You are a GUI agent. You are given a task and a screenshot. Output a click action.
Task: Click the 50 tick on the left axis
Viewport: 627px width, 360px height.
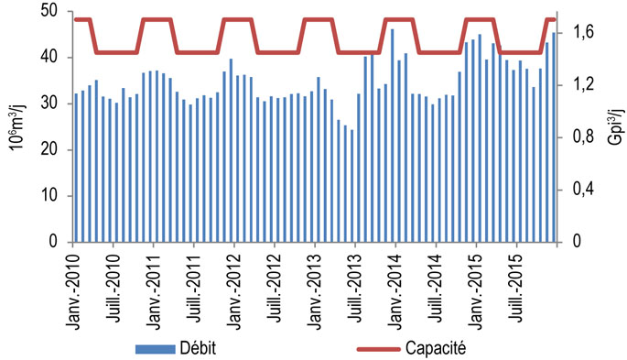coord(52,11)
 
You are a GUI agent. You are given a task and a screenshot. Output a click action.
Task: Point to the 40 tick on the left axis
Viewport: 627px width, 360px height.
coord(52,58)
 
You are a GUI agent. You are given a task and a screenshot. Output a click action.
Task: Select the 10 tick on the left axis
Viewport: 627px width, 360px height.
coord(52,196)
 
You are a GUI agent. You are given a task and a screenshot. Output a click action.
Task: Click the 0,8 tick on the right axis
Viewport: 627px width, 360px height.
coord(583,137)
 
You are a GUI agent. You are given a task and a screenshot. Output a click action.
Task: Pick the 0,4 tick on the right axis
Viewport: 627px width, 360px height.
coord(583,190)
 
